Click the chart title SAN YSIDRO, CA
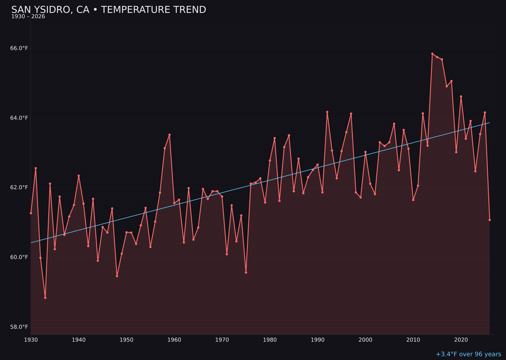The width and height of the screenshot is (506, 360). click(108, 10)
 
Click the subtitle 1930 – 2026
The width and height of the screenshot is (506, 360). click(28, 17)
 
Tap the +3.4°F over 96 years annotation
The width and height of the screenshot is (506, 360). click(468, 354)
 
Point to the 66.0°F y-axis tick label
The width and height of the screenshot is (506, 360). click(19, 48)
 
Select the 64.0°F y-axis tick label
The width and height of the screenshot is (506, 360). click(19, 118)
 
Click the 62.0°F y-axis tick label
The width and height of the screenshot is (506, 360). click(19, 187)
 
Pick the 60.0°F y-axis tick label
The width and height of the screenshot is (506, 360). click(19, 257)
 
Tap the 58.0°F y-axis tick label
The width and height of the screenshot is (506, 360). click(19, 327)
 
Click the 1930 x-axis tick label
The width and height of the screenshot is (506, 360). click(31, 340)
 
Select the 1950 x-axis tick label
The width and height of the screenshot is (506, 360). click(126, 340)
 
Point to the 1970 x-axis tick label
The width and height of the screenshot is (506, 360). click(222, 340)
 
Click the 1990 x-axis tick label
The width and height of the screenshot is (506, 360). click(318, 340)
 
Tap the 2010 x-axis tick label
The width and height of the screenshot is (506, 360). click(413, 340)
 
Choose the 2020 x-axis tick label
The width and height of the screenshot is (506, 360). click(461, 340)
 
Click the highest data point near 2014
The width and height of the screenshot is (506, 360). click(432, 54)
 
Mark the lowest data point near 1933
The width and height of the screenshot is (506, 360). click(45, 298)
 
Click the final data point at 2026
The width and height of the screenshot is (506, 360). click(490, 220)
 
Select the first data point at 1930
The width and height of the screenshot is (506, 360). click(31, 213)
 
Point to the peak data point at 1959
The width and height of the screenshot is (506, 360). click(170, 135)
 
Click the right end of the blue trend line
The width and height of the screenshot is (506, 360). click(490, 123)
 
